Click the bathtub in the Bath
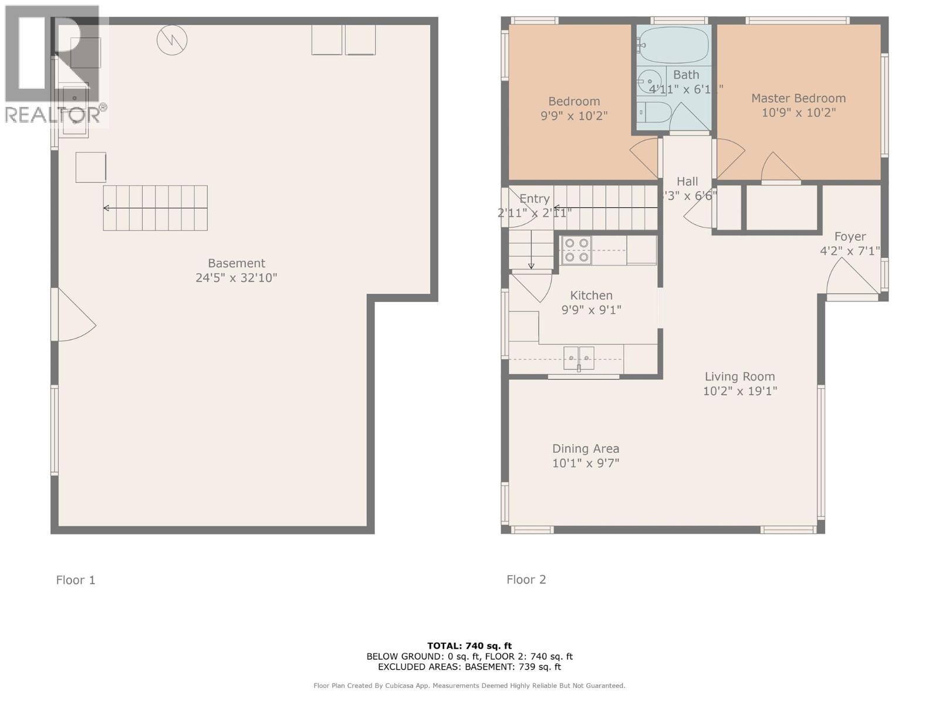[x=674, y=45]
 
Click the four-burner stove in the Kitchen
[x=576, y=250]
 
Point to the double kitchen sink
[x=579, y=358]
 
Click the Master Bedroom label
[x=798, y=98]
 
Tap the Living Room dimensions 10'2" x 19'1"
[x=739, y=391]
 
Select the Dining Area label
[x=585, y=449]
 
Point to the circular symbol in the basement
[x=172, y=40]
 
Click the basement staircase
[x=156, y=208]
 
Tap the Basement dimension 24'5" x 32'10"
[x=236, y=277]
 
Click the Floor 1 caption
[x=75, y=580]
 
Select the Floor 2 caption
[x=526, y=580]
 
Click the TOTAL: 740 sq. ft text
[x=469, y=646]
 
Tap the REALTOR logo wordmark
[x=56, y=115]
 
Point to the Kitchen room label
[x=591, y=296]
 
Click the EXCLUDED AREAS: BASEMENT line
[x=469, y=667]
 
